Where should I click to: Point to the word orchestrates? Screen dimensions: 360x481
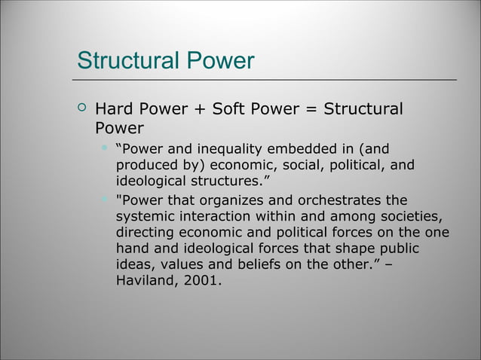pyautogui.click(x=339, y=200)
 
